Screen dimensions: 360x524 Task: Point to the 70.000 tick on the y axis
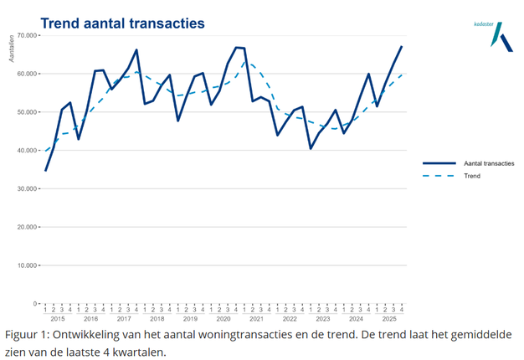pos(27,36)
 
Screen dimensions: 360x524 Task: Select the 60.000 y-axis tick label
pos(27,74)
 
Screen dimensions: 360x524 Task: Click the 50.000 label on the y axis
pos(27,112)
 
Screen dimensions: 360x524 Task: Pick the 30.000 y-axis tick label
pos(27,189)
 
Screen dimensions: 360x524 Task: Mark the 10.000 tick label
pos(27,265)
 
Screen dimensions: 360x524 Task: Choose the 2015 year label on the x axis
pos(58,319)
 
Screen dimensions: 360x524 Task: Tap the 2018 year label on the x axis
pos(157,319)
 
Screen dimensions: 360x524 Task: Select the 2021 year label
pos(256,319)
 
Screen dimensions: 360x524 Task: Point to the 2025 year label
pos(389,319)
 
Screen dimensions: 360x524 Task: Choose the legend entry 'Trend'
pos(472,176)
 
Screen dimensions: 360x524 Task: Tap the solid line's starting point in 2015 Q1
pos(45,171)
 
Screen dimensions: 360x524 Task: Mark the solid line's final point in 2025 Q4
pos(402,47)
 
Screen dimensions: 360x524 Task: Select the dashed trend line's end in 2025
pos(402,75)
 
